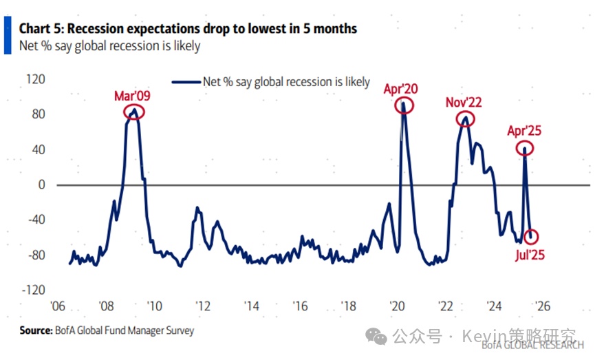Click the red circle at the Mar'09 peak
[134, 112]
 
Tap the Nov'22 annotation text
[464, 102]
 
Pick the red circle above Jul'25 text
[532, 237]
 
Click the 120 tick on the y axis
[36, 79]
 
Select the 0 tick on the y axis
[41, 184]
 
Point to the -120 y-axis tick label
[33, 290]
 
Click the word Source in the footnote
[35, 331]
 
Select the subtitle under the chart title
[110, 46]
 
